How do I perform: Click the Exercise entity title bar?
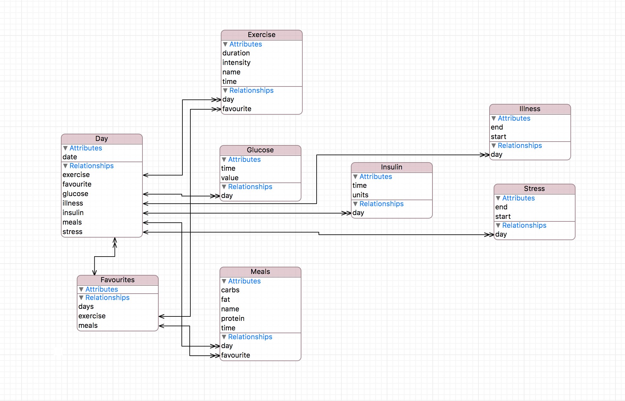(x=261, y=35)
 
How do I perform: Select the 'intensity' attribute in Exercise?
(x=236, y=63)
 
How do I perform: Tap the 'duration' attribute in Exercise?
(x=236, y=53)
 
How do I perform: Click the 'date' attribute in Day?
(x=70, y=157)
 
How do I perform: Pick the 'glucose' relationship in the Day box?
(x=75, y=194)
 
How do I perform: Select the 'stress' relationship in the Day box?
(x=72, y=232)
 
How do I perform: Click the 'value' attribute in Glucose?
(x=230, y=178)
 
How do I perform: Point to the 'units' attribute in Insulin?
(x=360, y=195)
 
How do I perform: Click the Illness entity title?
(x=530, y=109)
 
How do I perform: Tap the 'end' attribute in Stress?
(x=501, y=207)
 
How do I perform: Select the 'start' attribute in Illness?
(x=498, y=137)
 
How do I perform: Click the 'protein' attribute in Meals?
(x=233, y=319)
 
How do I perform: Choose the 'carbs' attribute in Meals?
(x=230, y=290)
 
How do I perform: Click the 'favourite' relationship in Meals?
(x=235, y=355)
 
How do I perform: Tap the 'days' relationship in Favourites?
(x=86, y=307)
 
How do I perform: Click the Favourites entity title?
(x=117, y=280)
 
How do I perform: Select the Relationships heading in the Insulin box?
(x=381, y=204)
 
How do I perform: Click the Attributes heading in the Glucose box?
(x=244, y=160)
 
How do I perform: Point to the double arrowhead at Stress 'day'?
(x=490, y=235)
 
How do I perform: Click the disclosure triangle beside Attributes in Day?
(x=65, y=148)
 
